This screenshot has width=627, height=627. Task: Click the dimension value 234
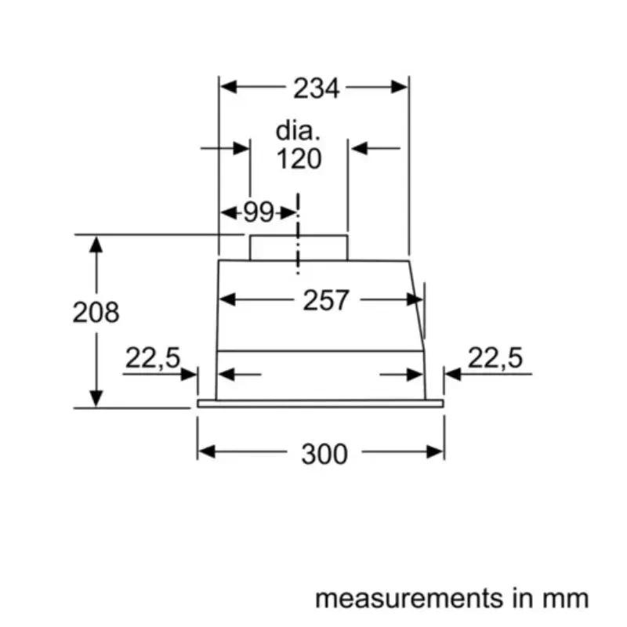317,89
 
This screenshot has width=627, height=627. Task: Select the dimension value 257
325,299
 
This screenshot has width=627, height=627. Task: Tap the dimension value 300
324,452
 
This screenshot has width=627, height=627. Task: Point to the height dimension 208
96,312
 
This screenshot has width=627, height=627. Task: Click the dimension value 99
258,212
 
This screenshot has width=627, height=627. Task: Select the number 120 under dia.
299,159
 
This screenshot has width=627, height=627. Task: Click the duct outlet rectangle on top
299,247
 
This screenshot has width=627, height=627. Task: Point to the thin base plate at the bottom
320,404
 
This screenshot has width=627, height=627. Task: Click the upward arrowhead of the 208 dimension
96,243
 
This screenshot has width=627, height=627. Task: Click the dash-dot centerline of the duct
298,235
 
